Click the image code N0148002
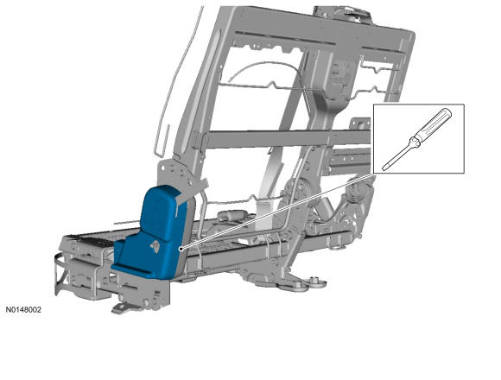pyautogui.click(x=23, y=310)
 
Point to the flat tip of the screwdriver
pyautogui.click(x=384, y=168)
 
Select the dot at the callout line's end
pyautogui.click(x=181, y=249)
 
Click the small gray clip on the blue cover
pyautogui.click(x=155, y=246)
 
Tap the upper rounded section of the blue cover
pyautogui.click(x=159, y=212)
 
